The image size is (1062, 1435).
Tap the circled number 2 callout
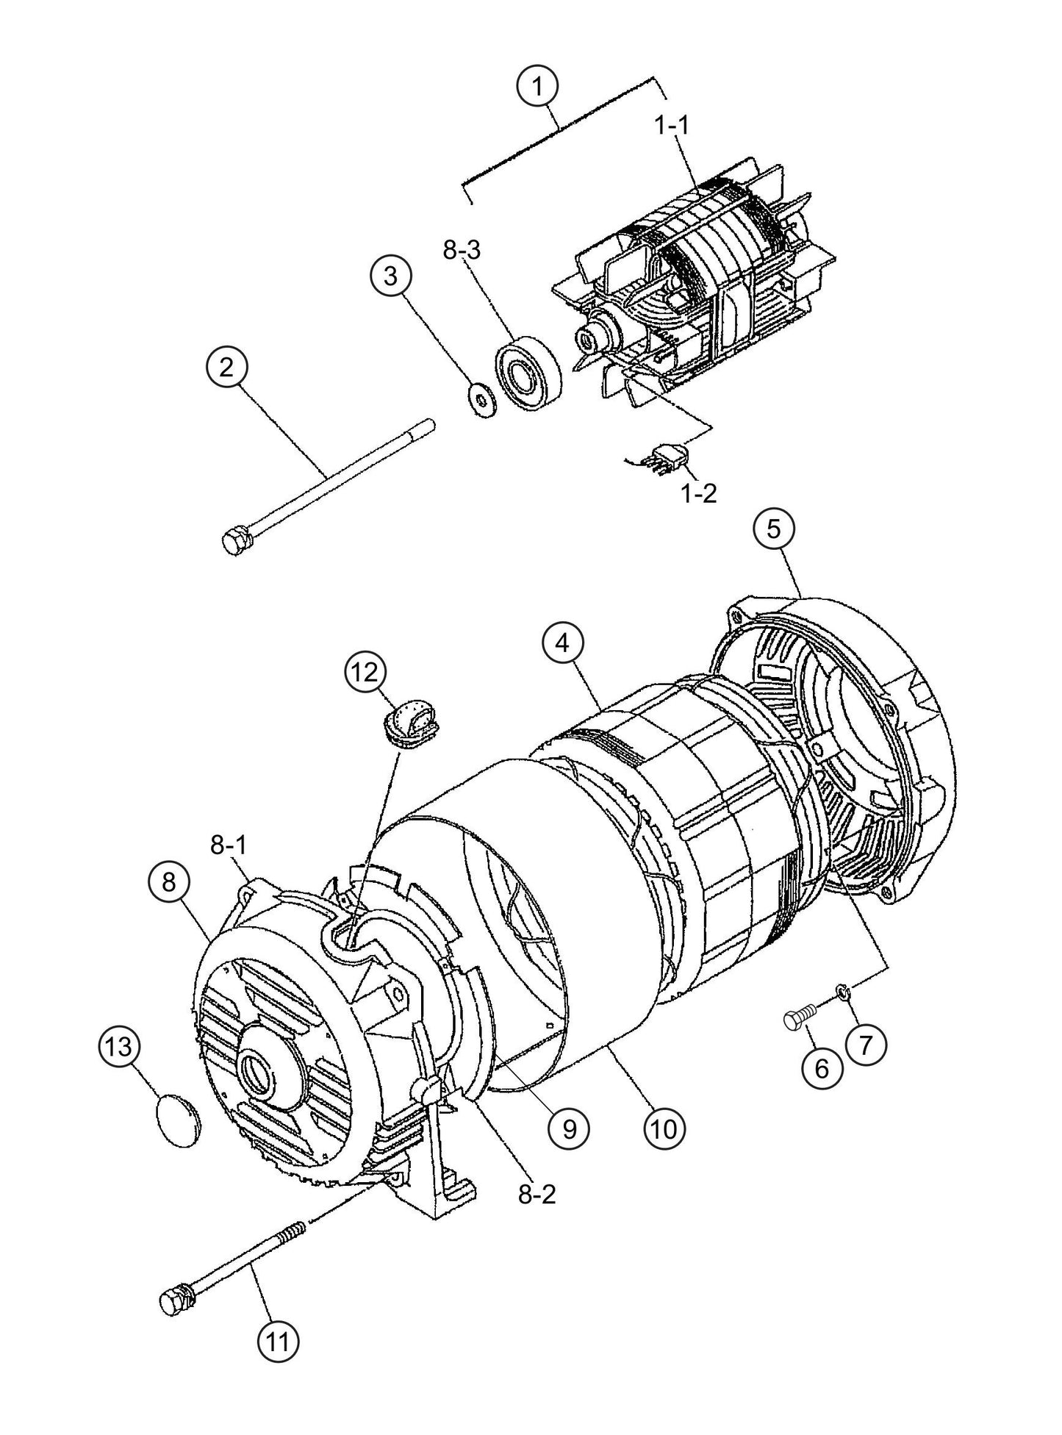tap(226, 368)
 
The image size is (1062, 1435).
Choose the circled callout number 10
tap(664, 1128)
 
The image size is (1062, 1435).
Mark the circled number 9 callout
tap(569, 1128)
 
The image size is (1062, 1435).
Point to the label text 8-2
tap(537, 1195)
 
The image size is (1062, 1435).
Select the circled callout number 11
tap(278, 1362)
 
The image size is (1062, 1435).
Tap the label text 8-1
tap(229, 846)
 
